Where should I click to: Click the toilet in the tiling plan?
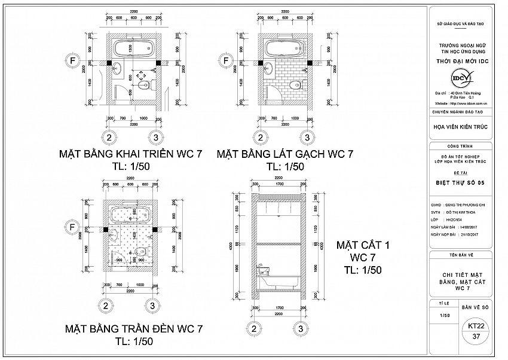click(x=293, y=87)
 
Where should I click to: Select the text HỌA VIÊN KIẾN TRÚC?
click(x=460, y=126)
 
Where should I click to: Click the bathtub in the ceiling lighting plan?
click(x=130, y=215)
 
